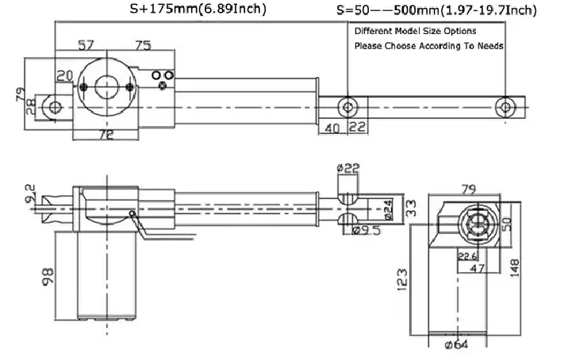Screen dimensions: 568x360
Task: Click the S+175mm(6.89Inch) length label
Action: pos(198,9)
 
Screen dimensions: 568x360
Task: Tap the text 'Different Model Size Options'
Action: pos(415,31)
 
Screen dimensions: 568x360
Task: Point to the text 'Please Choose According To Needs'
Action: pos(429,46)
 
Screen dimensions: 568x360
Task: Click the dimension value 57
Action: pos(86,45)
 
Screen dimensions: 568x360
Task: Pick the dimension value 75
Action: pos(143,46)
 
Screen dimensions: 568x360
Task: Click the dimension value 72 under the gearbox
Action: pos(107,135)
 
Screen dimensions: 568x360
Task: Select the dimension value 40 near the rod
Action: pos(332,128)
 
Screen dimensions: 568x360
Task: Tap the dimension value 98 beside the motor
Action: pos(48,278)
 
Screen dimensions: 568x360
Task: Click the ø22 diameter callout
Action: pos(347,167)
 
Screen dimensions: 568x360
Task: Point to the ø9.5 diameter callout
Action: pos(367,230)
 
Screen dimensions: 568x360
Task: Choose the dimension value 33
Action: pos(411,209)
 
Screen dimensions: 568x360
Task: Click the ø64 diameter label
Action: pos(456,344)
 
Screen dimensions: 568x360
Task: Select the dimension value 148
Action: pos(514,268)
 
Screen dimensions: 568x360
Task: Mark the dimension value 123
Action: pos(402,279)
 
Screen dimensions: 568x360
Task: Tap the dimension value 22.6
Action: pos(467,256)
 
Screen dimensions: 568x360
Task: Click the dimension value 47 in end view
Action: pos(477,268)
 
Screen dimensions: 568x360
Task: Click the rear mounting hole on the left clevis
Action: pos(55,107)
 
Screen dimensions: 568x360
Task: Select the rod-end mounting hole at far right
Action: pos(505,107)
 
